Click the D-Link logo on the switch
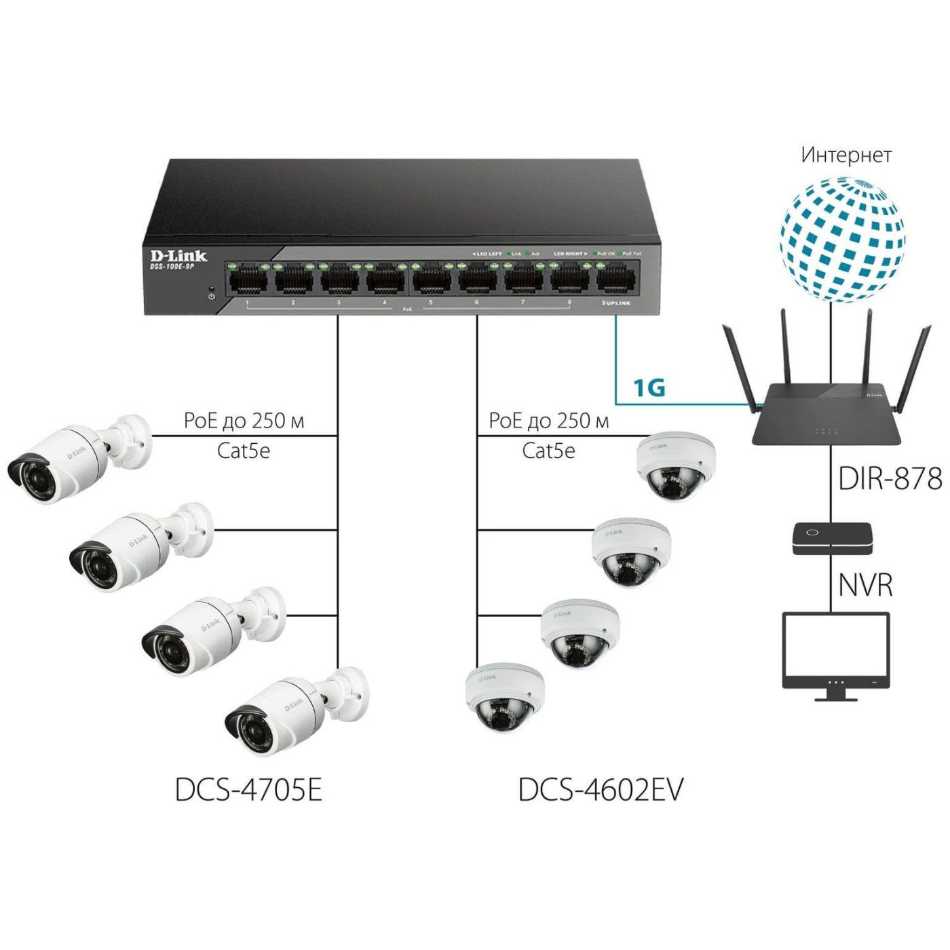coord(178,256)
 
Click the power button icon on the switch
coord(212,297)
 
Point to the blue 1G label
coord(649,387)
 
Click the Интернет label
coord(845,155)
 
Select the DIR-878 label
coord(890,478)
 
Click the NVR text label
coord(865,585)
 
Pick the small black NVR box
coord(832,537)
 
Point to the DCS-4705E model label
coord(248,789)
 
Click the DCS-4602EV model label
coord(601,789)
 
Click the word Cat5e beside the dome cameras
coord(548,451)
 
